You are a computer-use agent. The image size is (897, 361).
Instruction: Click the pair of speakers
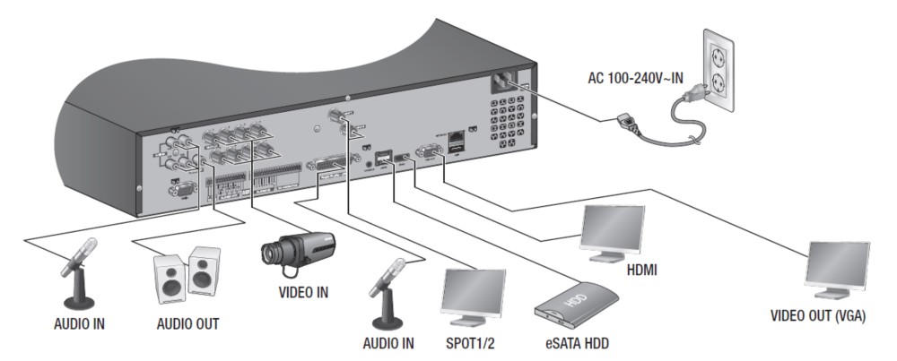[x=187, y=274]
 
